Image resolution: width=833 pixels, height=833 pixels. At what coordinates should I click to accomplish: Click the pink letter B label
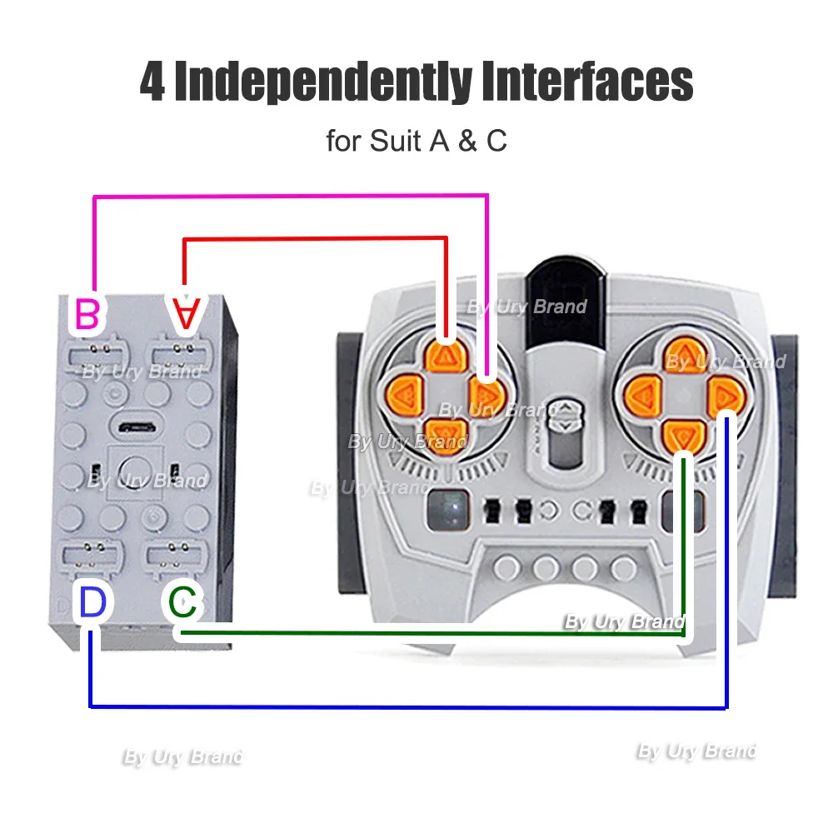click(x=87, y=314)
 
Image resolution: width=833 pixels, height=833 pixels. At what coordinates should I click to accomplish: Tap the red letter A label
click(x=186, y=314)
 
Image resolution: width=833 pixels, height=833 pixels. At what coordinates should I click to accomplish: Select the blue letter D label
click(x=93, y=602)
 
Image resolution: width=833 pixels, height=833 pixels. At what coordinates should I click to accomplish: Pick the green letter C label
click(x=182, y=602)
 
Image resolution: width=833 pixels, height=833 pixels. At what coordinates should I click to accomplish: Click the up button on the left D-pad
click(x=446, y=357)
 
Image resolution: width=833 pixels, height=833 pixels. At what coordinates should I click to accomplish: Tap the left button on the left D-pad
click(x=404, y=396)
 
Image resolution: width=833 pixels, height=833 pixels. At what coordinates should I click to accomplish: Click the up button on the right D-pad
click(x=686, y=354)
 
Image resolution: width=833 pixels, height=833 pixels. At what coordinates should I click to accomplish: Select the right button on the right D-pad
click(x=726, y=397)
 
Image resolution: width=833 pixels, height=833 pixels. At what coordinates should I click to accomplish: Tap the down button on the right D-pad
click(x=684, y=436)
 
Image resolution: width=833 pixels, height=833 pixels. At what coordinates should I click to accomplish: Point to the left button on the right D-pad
click(x=642, y=397)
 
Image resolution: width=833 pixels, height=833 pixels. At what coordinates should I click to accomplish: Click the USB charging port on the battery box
click(x=137, y=426)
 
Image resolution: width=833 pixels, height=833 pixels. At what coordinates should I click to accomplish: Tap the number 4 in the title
click(x=153, y=82)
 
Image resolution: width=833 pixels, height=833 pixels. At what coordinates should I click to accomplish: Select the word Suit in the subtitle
click(x=394, y=141)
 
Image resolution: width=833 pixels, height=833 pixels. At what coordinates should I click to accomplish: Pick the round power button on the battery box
click(x=134, y=472)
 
